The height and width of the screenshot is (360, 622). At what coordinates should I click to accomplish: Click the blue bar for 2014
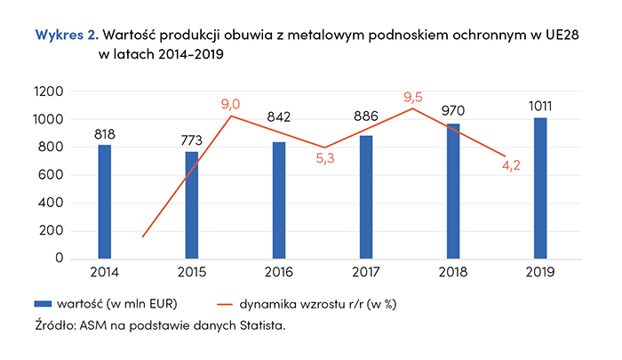[x=106, y=202]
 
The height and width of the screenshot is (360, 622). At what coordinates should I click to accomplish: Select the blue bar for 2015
[x=192, y=205]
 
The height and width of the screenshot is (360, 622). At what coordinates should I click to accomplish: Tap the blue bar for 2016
[x=279, y=200]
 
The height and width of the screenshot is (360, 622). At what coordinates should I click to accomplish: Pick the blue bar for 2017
[x=366, y=197]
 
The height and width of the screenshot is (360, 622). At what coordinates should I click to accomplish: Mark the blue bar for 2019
[x=540, y=188]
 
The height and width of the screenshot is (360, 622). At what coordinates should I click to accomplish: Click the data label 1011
[x=540, y=108]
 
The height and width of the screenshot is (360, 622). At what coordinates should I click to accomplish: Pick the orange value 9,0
[x=231, y=104]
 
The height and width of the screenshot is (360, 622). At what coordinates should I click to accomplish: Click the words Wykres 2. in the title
[x=66, y=36]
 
